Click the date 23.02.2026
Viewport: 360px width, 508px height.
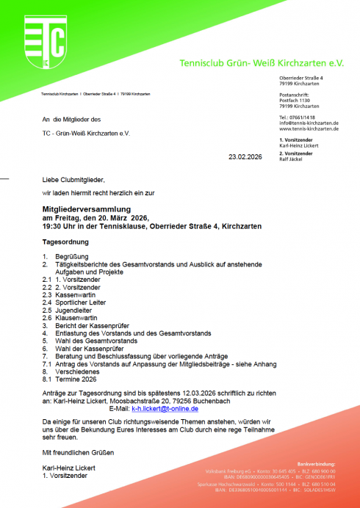245,157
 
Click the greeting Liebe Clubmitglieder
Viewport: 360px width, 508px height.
73,179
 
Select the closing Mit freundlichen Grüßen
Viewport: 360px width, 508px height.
79,450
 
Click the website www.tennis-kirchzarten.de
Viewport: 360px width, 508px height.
309,128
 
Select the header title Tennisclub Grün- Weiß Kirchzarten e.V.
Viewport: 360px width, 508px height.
262,63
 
